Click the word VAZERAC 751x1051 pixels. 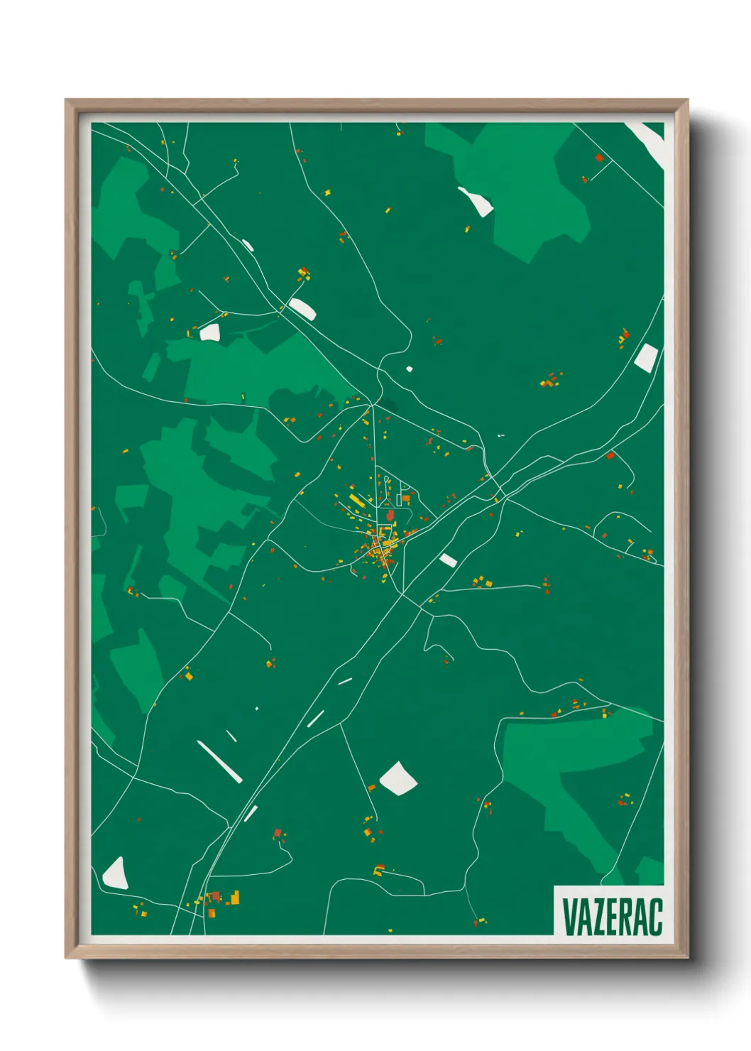(612, 916)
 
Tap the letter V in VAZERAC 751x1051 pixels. (569, 916)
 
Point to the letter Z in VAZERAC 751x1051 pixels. (597, 916)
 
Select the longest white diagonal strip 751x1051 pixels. (219, 761)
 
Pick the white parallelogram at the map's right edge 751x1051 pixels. (646, 357)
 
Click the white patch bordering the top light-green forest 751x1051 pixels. (476, 201)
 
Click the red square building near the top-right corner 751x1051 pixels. (599, 158)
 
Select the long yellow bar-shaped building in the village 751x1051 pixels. (356, 501)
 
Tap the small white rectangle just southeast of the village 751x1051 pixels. (448, 560)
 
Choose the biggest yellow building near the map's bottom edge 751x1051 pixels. (234, 898)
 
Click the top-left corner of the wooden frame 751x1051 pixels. (67, 101)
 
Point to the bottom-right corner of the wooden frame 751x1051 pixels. (687, 957)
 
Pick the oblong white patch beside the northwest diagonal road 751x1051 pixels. (302, 308)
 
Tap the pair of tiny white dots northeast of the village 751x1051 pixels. (501, 435)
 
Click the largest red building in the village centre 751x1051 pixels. (390, 514)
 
